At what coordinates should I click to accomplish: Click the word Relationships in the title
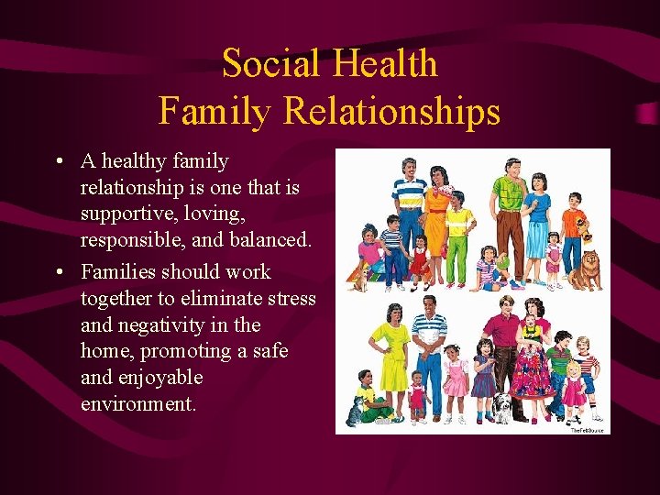[x=391, y=111]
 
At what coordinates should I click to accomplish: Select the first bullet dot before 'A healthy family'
[x=59, y=162]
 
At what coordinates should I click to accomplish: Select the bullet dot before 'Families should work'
[x=59, y=272]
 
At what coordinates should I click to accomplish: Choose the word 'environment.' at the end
[x=138, y=403]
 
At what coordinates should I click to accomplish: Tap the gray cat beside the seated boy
[x=354, y=412]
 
